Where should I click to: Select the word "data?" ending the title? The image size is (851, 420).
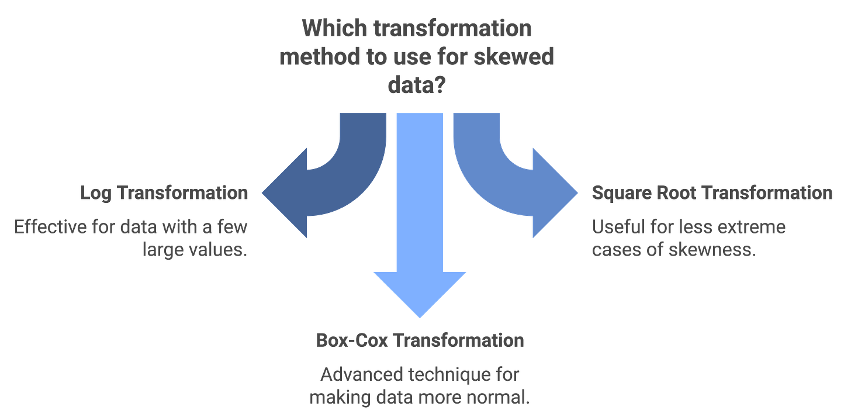tap(416, 86)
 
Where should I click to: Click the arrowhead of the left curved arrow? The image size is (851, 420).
tap(286, 192)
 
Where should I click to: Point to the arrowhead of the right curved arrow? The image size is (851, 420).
tap(553, 192)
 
